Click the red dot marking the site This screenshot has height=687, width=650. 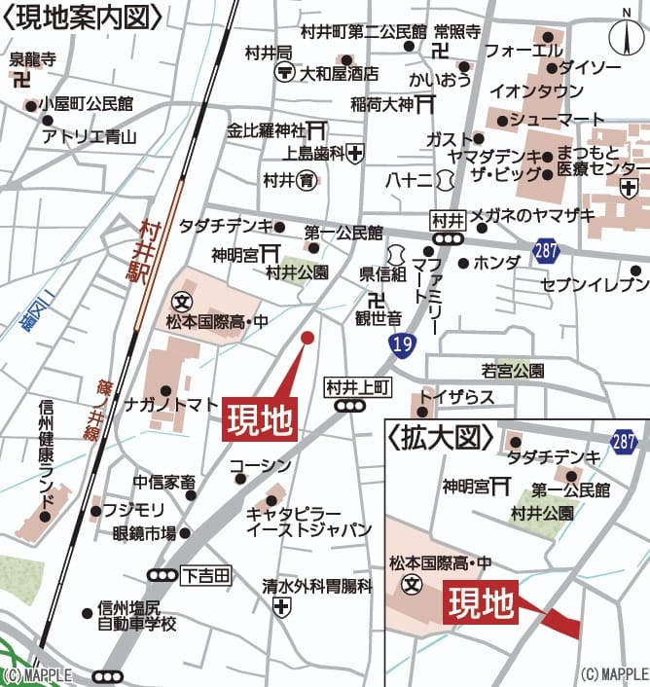click(x=307, y=338)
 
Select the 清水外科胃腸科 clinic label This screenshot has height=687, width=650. click(x=317, y=586)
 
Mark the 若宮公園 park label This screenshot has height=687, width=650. click(x=513, y=370)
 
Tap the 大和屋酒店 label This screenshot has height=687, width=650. click(x=338, y=73)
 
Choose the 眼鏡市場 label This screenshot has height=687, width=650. click(x=144, y=532)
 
